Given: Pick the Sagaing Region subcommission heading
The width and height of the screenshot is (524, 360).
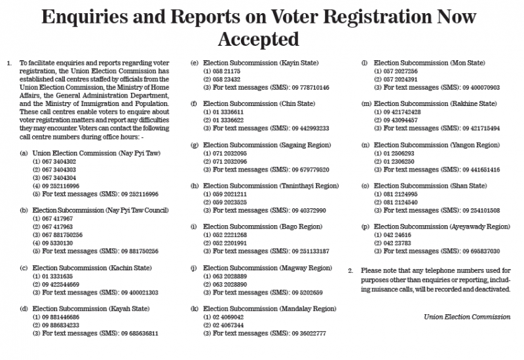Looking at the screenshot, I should tap(267, 145).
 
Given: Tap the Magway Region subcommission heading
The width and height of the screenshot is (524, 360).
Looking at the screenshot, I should tap(267, 268).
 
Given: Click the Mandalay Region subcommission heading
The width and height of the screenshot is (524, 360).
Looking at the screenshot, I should tap(269, 308).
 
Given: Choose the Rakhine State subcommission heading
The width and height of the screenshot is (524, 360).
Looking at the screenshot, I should tap(435, 103).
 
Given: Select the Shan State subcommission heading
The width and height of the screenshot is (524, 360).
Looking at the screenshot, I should tap(430, 185).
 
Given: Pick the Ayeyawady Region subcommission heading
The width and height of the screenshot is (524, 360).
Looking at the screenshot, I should tap(442, 226).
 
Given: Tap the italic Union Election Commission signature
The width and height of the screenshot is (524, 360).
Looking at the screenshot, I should tap(466, 317).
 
